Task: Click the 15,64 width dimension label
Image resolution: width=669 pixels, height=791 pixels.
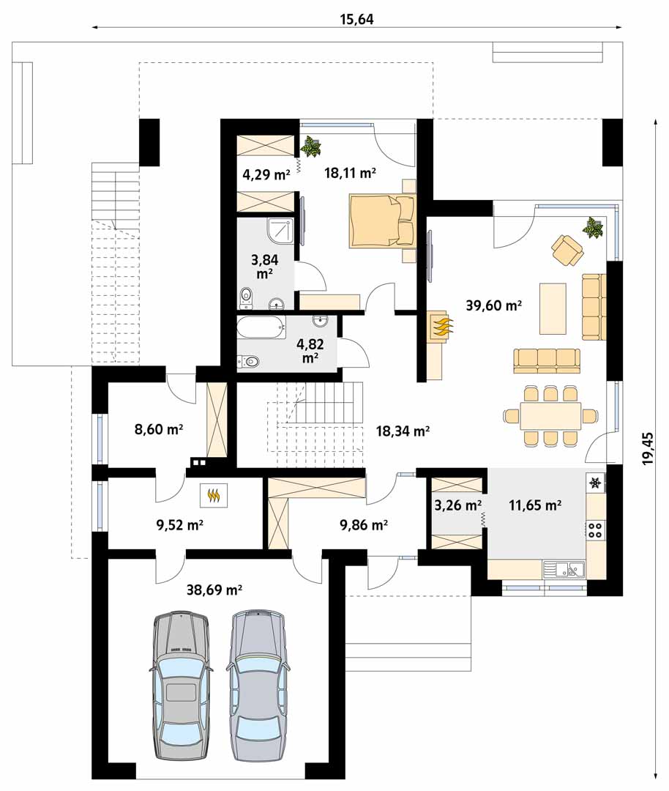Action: click(x=357, y=19)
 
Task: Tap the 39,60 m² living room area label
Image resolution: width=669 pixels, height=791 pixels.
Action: click(x=493, y=305)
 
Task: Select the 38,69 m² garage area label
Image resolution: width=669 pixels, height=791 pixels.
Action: click(x=214, y=589)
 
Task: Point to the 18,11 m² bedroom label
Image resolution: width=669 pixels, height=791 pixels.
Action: click(x=351, y=173)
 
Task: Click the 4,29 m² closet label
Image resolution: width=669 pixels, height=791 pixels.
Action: click(x=266, y=174)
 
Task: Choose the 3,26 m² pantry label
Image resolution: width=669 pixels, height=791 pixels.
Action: click(x=457, y=505)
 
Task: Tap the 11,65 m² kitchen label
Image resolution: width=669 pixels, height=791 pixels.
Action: click(x=535, y=505)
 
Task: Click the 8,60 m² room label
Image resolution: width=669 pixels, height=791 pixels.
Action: click(x=158, y=430)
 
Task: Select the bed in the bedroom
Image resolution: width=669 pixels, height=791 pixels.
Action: click(x=382, y=221)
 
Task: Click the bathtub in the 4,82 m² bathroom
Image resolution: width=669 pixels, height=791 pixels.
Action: click(x=261, y=329)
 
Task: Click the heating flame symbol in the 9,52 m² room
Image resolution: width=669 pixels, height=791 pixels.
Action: click(x=214, y=495)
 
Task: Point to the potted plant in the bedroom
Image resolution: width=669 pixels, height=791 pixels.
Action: click(x=310, y=146)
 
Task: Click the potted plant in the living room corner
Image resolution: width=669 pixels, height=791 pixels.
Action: click(x=592, y=228)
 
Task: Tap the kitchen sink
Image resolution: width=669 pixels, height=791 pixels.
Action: click(x=564, y=570)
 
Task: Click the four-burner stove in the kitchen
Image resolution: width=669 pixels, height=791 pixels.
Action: click(x=595, y=530)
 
